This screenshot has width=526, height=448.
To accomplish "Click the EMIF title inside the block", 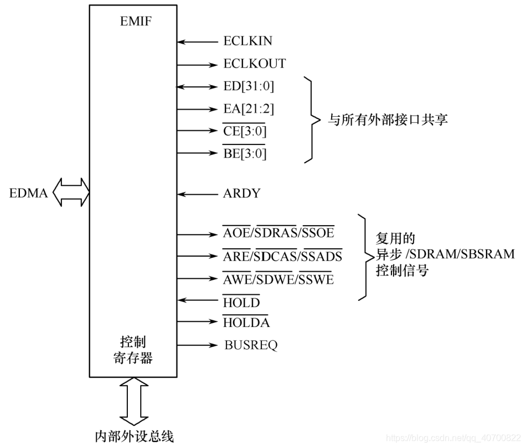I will coord(136,22).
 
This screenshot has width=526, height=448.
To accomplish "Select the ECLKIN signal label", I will coord(247,41).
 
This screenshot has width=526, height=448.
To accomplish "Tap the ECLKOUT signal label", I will coord(254,64).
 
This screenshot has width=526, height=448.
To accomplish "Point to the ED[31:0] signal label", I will coord(248,86).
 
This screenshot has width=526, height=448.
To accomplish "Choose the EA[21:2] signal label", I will coord(248,109).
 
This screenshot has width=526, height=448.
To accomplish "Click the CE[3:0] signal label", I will coord(244,132).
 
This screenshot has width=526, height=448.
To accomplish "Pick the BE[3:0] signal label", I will coord(244,154).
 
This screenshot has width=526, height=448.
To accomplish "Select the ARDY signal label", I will coord(241,194).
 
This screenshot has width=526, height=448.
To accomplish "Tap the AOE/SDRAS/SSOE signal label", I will coord(279,233).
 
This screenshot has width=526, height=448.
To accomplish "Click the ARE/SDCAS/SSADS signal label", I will coord(282,256).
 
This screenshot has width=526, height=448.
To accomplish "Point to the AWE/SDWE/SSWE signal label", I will coord(279,279).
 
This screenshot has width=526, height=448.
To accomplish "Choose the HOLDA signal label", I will coord(246,322).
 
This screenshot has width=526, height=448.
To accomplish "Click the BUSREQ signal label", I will coord(251,345).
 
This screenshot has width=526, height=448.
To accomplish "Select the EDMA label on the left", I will coord(29,193).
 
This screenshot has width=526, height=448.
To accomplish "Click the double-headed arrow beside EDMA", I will coord(71,192).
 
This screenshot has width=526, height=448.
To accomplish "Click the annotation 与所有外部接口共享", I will coord(388,120).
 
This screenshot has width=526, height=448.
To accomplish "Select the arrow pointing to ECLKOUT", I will coord(198,64).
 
